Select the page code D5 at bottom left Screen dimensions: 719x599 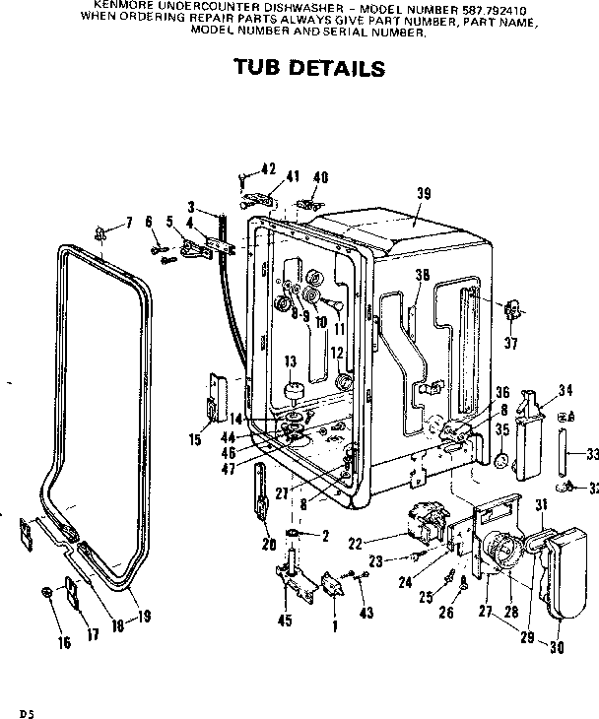(x=13, y=709)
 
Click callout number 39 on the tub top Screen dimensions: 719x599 (x=423, y=194)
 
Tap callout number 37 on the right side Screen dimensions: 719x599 (x=509, y=342)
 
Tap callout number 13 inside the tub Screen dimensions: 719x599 (x=291, y=361)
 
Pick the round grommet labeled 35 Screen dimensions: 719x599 (x=502, y=461)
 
